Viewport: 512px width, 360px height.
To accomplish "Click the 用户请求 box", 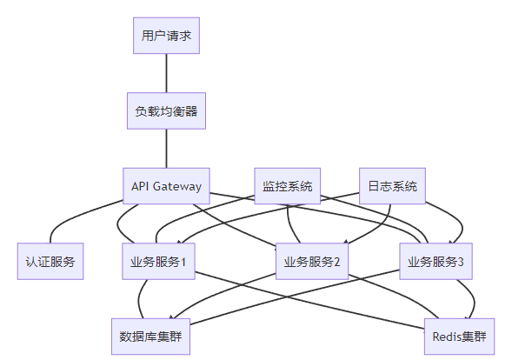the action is point(166,36).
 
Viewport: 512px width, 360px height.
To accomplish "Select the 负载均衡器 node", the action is point(166,110).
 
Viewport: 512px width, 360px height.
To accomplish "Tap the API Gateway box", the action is point(166,186).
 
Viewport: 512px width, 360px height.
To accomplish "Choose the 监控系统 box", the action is point(288,186).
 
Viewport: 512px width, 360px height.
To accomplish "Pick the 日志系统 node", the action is point(393,186).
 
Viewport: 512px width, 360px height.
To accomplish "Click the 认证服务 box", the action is point(50,262).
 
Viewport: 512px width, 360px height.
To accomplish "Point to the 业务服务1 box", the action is point(158,262).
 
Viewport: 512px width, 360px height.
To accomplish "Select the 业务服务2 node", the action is point(312,262).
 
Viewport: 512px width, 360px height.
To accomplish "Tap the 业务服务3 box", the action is point(436,262).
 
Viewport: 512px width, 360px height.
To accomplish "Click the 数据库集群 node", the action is point(150,337).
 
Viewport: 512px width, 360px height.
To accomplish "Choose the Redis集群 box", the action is point(460,337).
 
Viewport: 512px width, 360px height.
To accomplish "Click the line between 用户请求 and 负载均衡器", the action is point(166,73).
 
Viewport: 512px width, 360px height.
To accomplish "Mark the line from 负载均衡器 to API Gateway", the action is point(166,149).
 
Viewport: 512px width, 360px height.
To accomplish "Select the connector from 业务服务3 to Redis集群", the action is point(474,298).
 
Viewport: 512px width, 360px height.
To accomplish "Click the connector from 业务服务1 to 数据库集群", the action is point(139,299).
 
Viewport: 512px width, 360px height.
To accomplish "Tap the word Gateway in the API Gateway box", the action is point(177,187).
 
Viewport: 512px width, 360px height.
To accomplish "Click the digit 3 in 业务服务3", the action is point(461,262).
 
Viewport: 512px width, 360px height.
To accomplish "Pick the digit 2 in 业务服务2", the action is point(336,262).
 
